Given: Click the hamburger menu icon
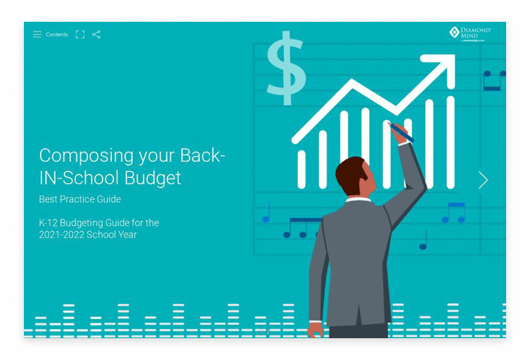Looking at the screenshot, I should coord(37,34).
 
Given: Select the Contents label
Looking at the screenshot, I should coord(57,34).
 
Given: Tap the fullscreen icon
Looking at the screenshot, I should coord(80,34).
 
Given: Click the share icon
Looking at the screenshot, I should coord(96,34).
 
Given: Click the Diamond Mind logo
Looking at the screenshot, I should coord(470,34).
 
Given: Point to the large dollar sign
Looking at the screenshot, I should coord(285,68).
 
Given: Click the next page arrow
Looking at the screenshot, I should coord(483,180).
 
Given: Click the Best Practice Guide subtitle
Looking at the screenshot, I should coord(79,199).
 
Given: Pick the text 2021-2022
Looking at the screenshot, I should coord(61,234).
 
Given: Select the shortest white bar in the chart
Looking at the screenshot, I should coord(302,169).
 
